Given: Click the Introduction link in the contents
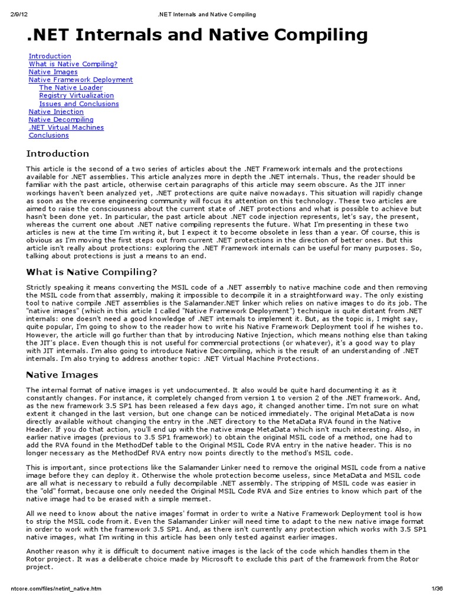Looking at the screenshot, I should pyautogui.click(x=50, y=56).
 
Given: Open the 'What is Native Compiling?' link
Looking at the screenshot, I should pyautogui.click(x=73, y=64).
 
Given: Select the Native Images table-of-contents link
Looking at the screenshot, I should pyautogui.click(x=53, y=72).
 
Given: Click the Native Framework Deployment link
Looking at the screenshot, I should pyautogui.click(x=81, y=80).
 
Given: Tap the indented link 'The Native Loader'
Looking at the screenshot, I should pyautogui.click(x=71, y=88).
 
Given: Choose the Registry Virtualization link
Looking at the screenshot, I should pyautogui.click(x=77, y=96).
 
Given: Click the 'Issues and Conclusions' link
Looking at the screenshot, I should pyautogui.click(x=79, y=104).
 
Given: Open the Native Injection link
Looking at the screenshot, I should pyautogui.click(x=56, y=111).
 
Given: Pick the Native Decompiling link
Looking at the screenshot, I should pyautogui.click(x=61, y=120).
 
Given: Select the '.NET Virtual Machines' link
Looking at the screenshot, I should pyautogui.click(x=66, y=127).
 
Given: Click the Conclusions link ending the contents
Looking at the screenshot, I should pyautogui.click(x=49, y=136).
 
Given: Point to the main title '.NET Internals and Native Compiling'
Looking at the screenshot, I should pyautogui.click(x=197, y=35).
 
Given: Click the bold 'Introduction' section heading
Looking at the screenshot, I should pyautogui.click(x=58, y=154).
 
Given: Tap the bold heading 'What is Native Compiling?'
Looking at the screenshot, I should pyautogui.click(x=91, y=272).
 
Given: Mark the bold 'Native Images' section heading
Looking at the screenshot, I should pyautogui.click(x=62, y=375).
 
